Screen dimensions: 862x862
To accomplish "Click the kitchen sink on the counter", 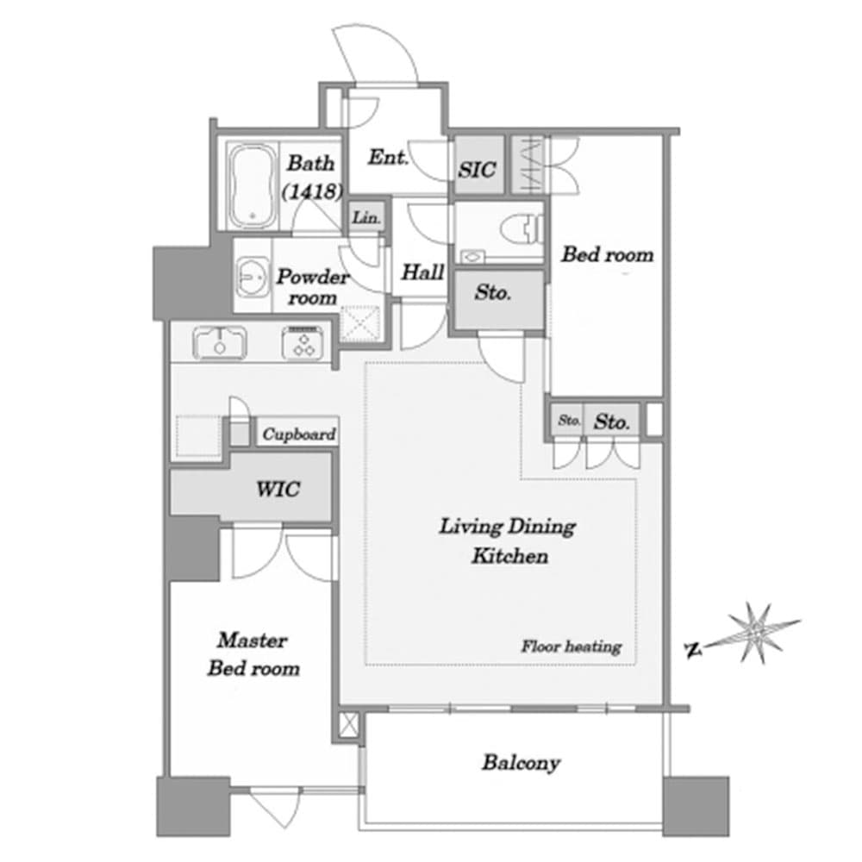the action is click(219, 342).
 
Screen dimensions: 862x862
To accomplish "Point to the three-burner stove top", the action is click(303, 342).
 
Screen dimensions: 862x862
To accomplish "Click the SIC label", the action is click(478, 170).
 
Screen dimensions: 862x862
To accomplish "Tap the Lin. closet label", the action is click(366, 218).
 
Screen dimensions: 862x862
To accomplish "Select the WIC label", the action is click(278, 489).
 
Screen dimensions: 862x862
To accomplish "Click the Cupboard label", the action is click(299, 434).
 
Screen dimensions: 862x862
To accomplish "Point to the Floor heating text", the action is click(572, 646).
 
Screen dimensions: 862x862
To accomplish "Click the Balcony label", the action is click(522, 763).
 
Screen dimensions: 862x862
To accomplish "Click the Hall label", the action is click(422, 272).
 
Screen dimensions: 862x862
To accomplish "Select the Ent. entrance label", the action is click(388, 158).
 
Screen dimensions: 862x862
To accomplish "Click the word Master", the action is click(253, 640).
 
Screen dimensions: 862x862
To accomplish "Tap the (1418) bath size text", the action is click(312, 191).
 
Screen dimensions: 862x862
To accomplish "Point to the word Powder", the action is click(313, 276).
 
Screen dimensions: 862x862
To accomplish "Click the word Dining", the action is click(541, 528).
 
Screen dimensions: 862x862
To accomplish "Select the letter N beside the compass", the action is click(694, 650).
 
